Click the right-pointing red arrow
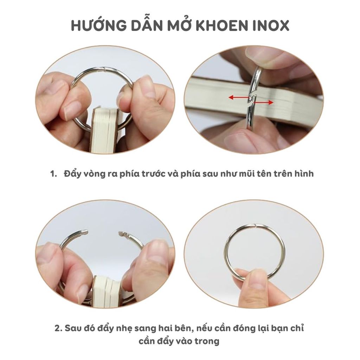coord(263,102)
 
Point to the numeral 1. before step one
coord(53,174)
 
